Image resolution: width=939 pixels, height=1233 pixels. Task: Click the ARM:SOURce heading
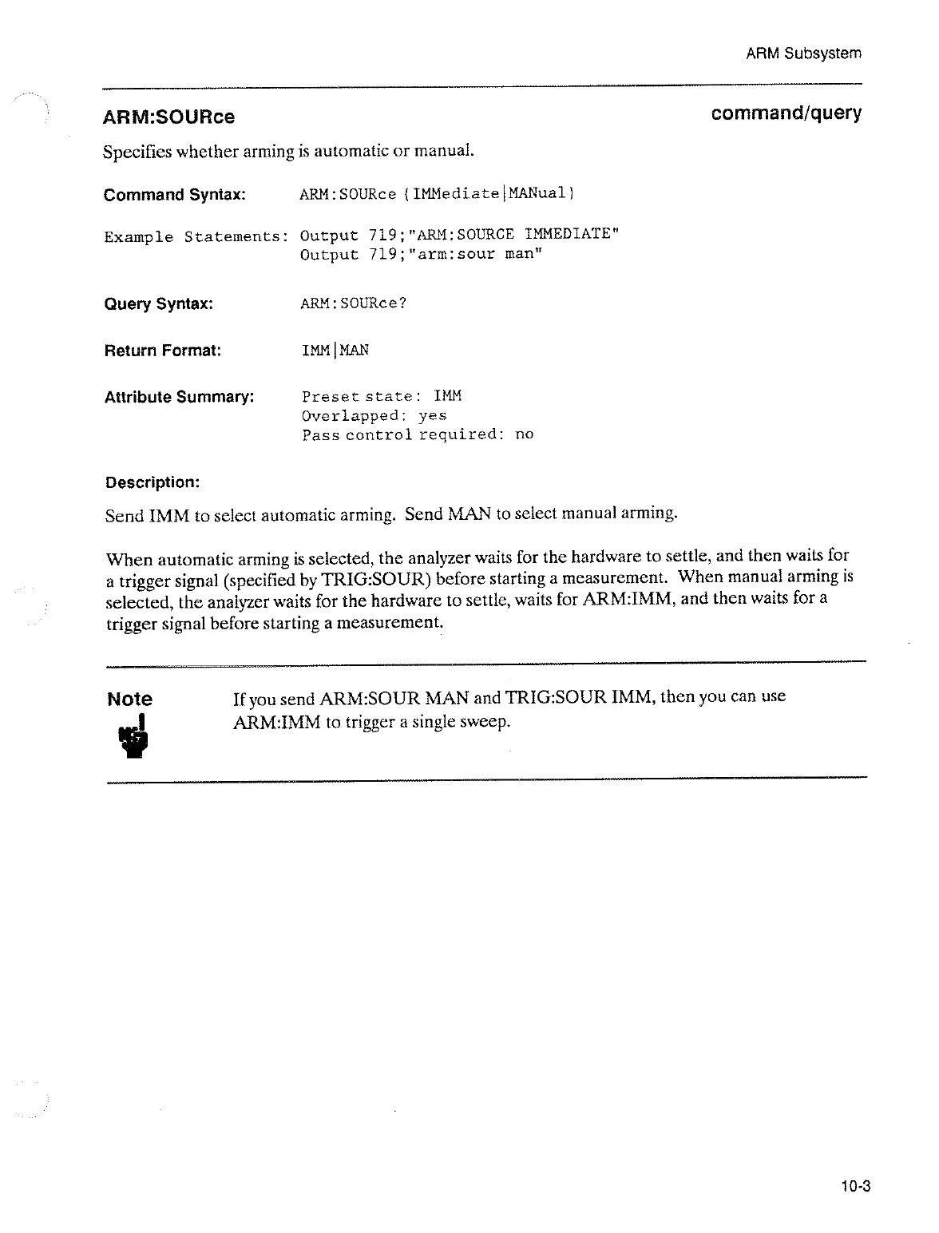[x=168, y=117]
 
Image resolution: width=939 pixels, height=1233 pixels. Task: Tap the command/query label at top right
[x=786, y=113]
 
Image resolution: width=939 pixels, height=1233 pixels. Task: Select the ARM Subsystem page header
[x=803, y=54]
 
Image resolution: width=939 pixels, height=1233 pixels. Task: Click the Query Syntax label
[x=158, y=304]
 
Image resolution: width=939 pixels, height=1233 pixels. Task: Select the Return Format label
[x=163, y=351]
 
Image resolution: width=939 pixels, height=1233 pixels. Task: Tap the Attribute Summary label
[x=180, y=397]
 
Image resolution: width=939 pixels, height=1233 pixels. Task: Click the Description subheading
[x=152, y=482]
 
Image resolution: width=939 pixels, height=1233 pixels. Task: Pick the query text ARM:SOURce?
[x=353, y=304]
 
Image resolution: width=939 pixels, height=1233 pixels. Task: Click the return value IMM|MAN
[x=335, y=351]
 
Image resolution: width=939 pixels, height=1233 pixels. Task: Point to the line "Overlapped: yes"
[x=374, y=416]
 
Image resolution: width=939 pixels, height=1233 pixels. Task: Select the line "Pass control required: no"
[x=417, y=435]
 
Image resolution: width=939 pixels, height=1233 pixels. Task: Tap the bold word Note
[x=129, y=700]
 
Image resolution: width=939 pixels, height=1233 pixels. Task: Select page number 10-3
[x=854, y=1187]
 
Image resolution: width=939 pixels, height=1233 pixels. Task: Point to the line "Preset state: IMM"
[x=382, y=397]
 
